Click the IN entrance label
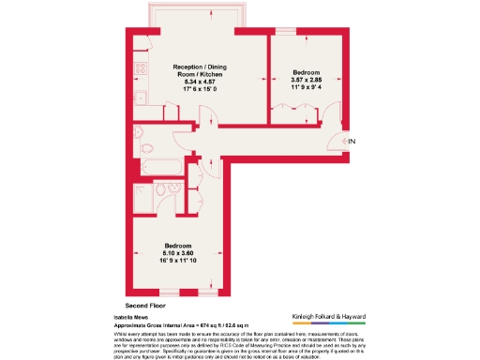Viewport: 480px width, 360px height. point(352,141)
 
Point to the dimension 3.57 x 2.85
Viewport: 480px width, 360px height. point(307,80)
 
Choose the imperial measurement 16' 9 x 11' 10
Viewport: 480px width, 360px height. point(176,261)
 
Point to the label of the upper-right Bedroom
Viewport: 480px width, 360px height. point(307,72)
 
